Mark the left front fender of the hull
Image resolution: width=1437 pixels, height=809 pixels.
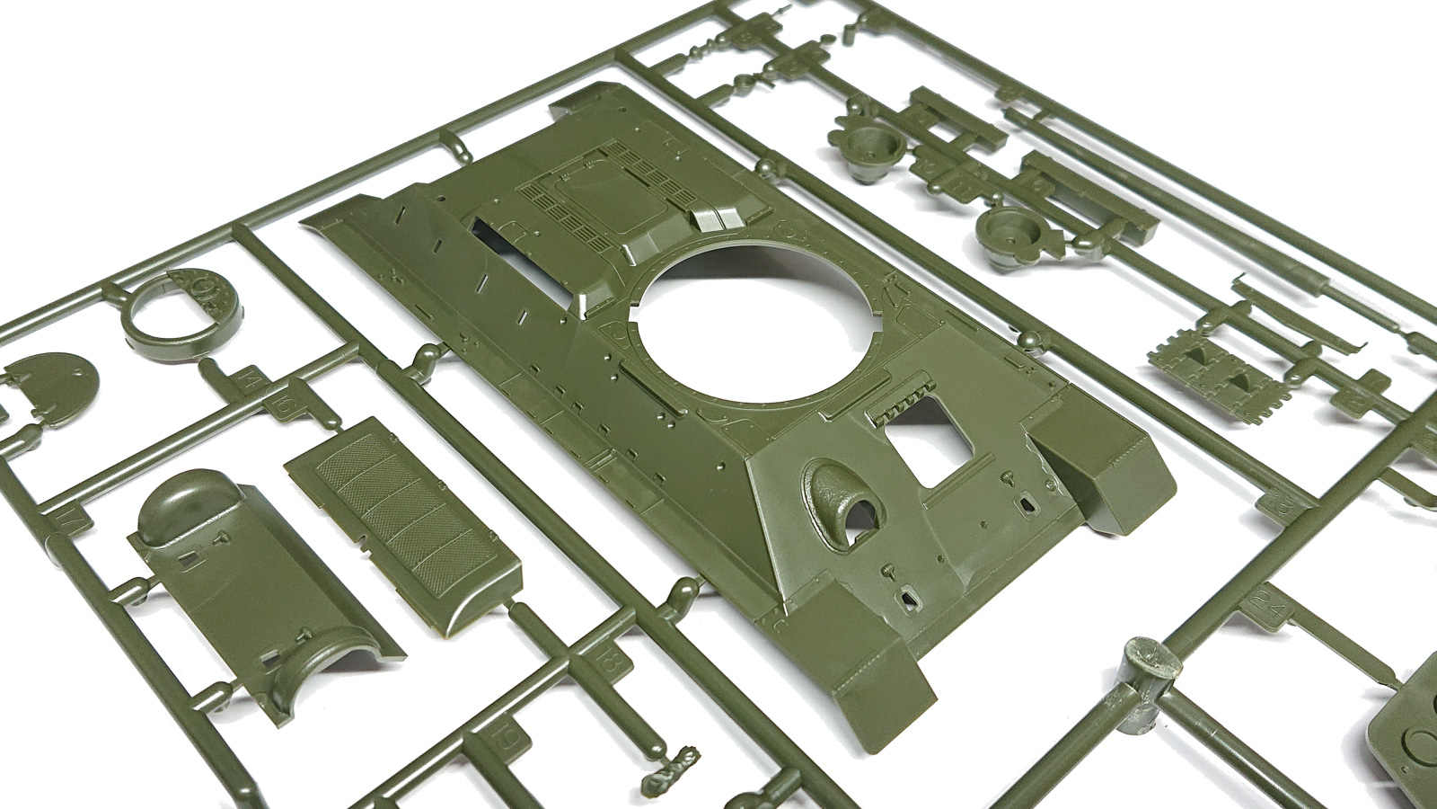(862, 647)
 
